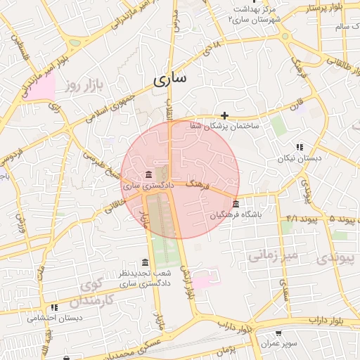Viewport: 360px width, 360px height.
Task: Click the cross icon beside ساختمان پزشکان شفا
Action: point(224,115)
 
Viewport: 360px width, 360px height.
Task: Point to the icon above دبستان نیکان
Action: point(300,148)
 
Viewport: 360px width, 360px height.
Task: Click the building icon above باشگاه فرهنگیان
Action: point(234,204)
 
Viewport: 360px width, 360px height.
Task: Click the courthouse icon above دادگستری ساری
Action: point(148,174)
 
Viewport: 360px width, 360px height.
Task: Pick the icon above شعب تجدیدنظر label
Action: point(145,262)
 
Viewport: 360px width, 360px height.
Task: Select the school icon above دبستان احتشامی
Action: point(54,307)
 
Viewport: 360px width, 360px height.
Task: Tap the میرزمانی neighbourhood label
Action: point(273,254)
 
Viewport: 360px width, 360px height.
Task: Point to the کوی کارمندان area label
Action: point(96,294)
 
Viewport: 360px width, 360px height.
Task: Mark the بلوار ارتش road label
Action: point(186,281)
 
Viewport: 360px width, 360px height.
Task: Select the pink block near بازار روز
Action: point(39,87)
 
